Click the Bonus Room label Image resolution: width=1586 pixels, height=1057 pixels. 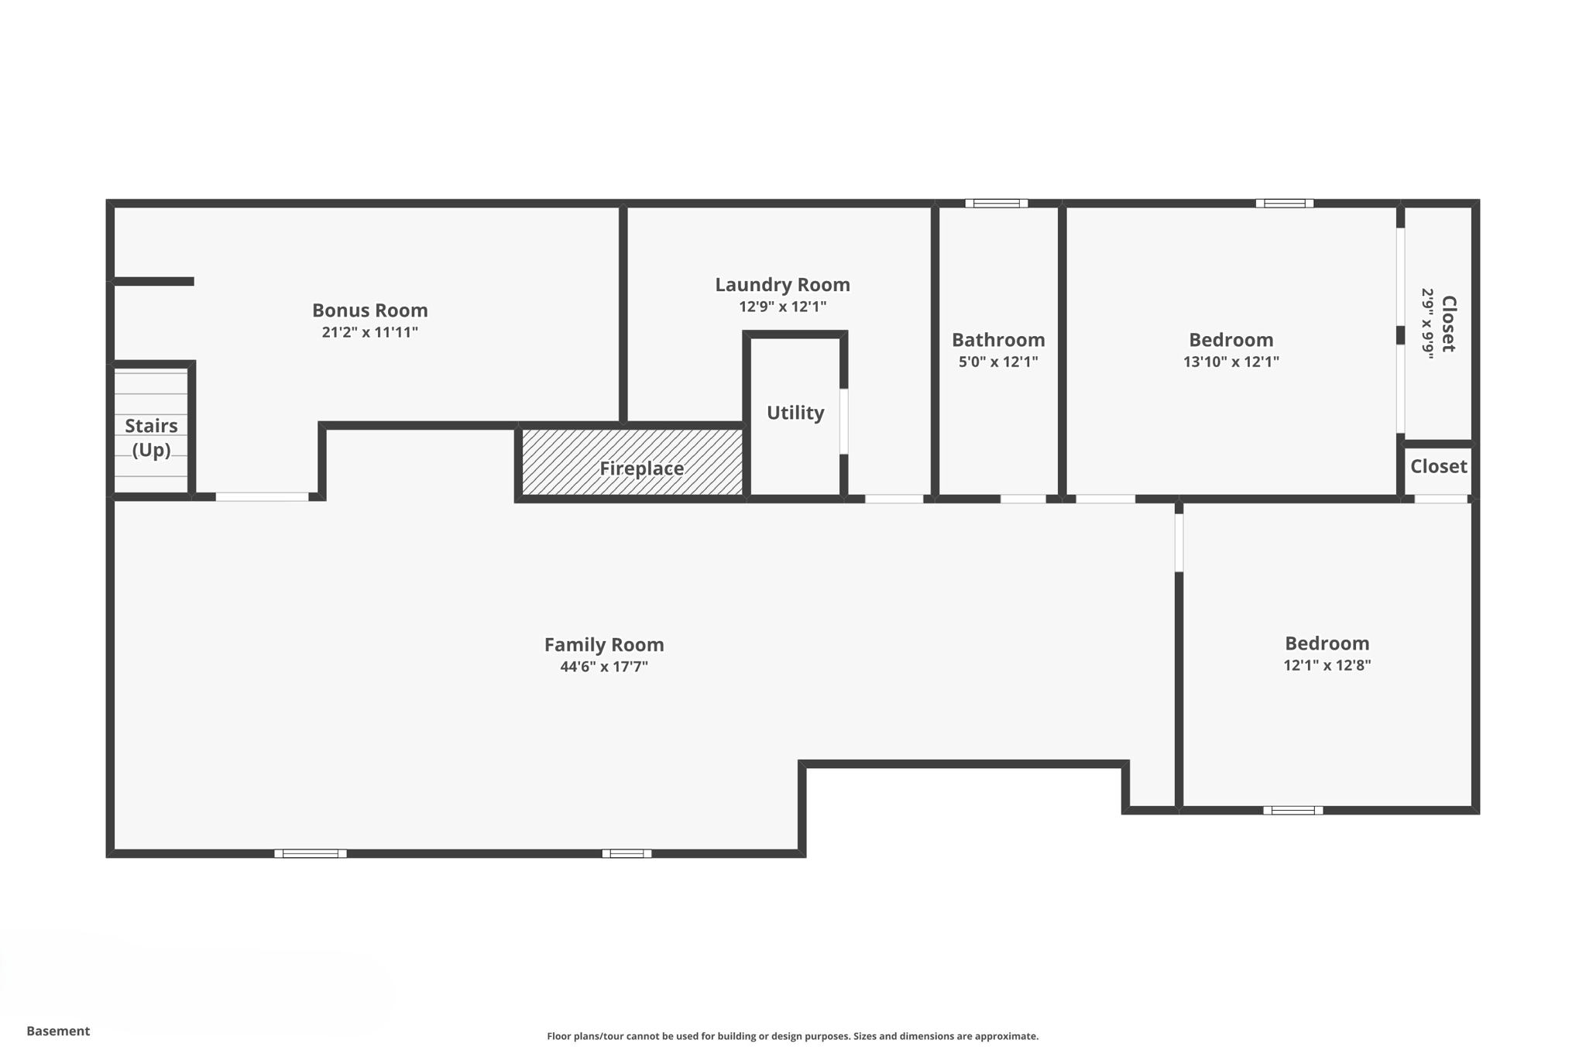point(369,310)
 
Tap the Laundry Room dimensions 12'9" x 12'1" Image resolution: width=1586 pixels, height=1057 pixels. point(782,307)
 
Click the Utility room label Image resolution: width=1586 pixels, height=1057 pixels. point(795,413)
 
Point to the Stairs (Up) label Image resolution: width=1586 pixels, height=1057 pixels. point(151,438)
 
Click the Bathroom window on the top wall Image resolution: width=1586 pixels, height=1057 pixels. point(996,204)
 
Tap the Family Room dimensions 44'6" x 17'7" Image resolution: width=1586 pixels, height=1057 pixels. point(603,667)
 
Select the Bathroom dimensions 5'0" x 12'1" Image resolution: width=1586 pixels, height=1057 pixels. point(997,362)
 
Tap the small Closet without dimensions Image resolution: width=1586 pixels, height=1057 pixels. point(1438,466)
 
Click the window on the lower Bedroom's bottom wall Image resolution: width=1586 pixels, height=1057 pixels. point(1292,811)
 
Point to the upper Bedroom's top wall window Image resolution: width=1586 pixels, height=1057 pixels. point(1284,204)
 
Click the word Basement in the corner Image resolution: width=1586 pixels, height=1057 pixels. point(58,1031)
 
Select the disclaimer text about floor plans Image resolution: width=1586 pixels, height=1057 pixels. point(792,1036)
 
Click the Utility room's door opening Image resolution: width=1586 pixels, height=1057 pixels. point(844,421)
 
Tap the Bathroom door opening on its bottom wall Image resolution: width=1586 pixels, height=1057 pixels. point(1022,499)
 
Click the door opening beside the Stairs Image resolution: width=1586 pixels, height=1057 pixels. point(262,497)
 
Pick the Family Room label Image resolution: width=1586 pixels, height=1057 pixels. point(603,644)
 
